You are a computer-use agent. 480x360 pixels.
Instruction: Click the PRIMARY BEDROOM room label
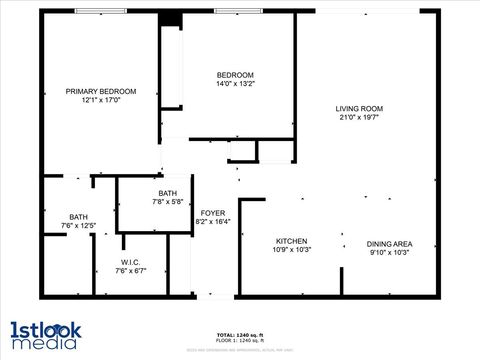pos(100,91)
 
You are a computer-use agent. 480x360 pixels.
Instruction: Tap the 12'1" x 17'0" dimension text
pos(100,100)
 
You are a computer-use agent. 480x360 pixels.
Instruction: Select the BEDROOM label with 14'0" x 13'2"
pos(235,76)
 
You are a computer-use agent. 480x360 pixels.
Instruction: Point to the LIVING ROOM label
pos(359,109)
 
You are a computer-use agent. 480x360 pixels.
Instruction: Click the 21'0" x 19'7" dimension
pos(359,118)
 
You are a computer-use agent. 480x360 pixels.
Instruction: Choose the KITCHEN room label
pos(291,241)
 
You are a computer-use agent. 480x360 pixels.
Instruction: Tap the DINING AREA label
pos(389,244)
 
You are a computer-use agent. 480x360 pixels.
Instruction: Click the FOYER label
pos(212,213)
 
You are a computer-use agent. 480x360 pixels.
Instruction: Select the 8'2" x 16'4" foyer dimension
pos(213,222)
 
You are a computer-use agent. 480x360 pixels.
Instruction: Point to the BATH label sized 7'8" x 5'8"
pos(168,193)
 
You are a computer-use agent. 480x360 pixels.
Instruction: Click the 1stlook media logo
pos(46,334)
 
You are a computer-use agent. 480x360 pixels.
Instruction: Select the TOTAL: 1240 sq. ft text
pos(239,334)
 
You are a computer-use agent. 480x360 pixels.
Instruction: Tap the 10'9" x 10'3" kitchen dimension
pos(291,250)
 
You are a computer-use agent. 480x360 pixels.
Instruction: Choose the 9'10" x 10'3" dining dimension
pos(389,253)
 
